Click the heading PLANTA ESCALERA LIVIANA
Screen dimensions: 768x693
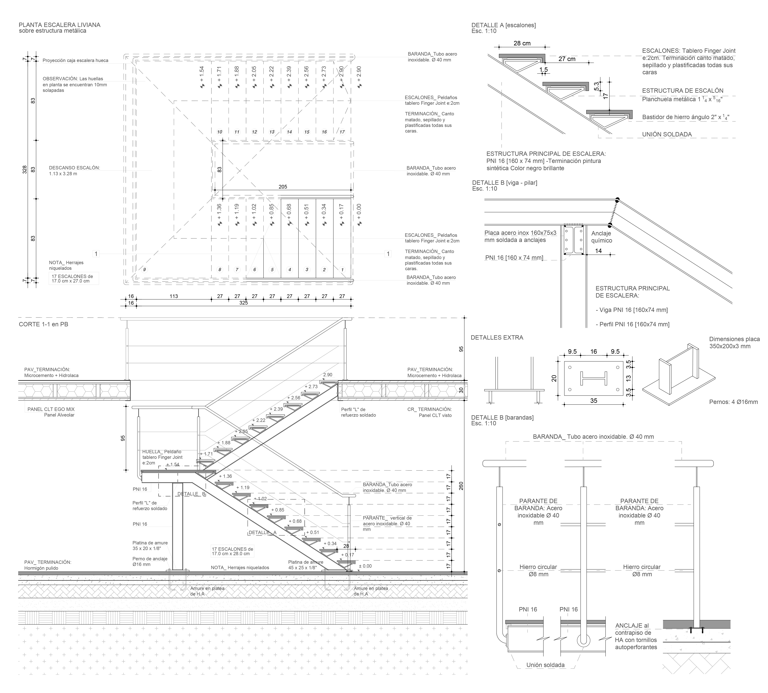59,25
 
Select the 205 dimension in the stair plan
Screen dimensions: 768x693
283,186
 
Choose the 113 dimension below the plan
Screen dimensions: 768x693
174,296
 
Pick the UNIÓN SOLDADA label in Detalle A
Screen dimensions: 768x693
667,134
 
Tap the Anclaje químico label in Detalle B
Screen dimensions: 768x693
602,237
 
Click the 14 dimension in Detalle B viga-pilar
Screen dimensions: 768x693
598,251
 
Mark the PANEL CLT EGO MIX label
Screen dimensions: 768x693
51,409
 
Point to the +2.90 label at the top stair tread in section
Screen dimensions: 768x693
328,374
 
